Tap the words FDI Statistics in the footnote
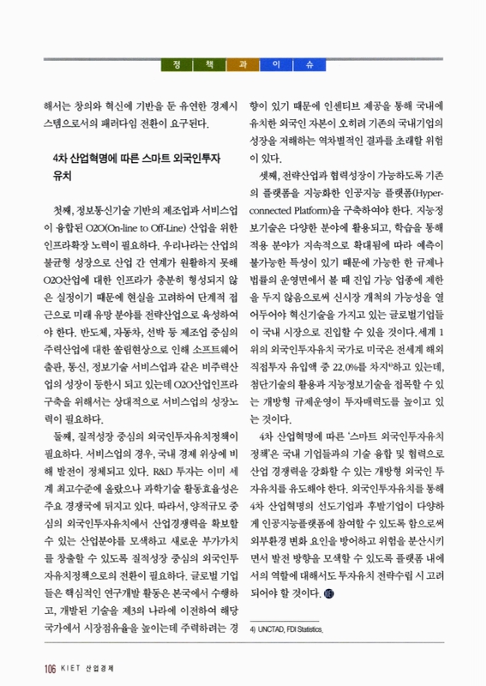pos(311,629)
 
